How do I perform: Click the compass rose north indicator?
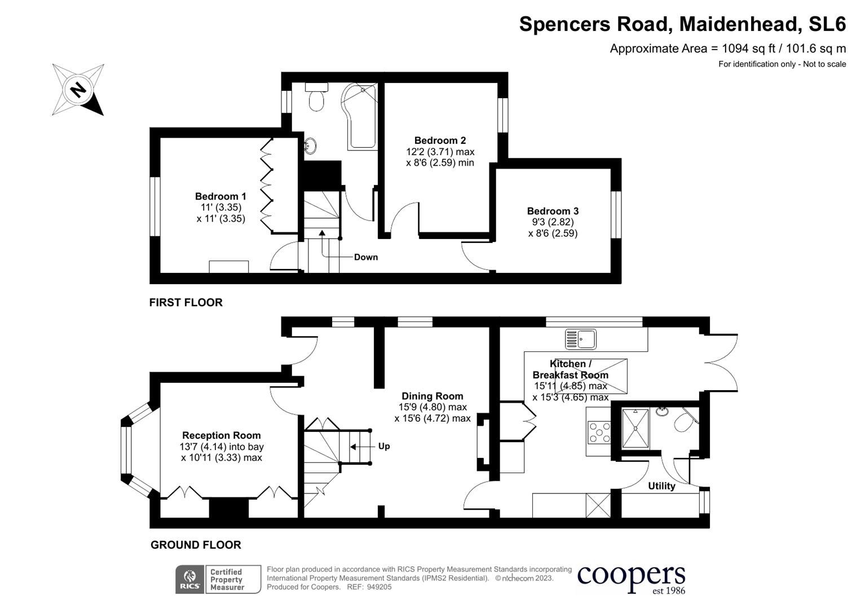point(78,90)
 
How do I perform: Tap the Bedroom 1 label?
point(220,196)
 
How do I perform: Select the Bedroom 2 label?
point(440,140)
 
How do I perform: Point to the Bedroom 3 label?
point(553,211)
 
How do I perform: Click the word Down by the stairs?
point(366,257)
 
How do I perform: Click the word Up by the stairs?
point(384,446)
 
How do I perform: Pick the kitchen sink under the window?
point(581,339)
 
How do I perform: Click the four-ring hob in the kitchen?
point(599,433)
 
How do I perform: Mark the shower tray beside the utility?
point(635,428)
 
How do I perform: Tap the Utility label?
point(661,486)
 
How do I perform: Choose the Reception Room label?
point(221,435)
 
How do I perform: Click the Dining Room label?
point(432,396)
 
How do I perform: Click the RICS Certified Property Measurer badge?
point(218,579)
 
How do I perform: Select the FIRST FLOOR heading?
point(186,302)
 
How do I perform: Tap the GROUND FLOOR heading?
point(195,545)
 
